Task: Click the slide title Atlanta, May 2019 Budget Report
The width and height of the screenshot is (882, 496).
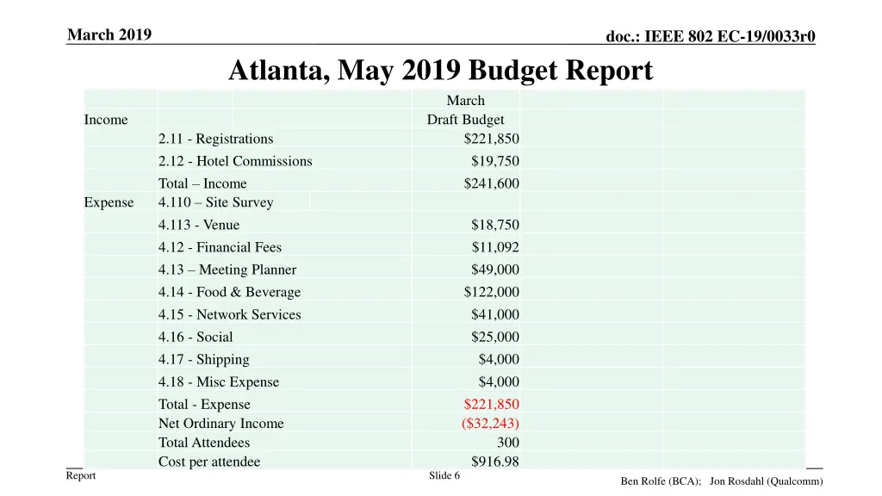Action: [440, 71]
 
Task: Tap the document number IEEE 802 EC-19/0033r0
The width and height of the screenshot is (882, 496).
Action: [711, 36]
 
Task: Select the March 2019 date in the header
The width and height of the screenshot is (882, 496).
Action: [109, 34]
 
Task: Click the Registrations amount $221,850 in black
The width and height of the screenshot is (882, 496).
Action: [491, 139]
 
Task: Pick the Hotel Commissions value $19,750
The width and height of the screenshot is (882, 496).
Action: [494, 161]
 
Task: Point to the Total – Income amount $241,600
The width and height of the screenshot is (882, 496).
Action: [491, 183]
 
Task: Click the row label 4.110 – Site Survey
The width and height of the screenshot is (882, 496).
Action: [215, 202]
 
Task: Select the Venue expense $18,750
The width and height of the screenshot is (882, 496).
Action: [494, 225]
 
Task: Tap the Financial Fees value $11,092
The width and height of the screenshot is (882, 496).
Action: [494, 247]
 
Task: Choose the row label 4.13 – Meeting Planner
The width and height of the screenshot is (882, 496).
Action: [227, 270]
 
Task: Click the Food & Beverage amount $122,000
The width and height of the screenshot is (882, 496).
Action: [491, 292]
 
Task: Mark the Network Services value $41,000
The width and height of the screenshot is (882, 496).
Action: [494, 314]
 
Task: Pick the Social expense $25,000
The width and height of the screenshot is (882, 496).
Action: [494, 337]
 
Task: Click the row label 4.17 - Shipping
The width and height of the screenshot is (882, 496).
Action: [204, 359]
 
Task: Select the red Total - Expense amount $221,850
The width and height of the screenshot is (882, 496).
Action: [491, 404]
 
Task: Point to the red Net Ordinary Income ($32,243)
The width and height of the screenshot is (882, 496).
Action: [490, 423]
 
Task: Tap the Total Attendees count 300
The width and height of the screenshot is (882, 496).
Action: [508, 443]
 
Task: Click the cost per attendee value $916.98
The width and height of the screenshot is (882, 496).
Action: [494, 462]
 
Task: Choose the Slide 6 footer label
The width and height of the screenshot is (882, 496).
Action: [444, 475]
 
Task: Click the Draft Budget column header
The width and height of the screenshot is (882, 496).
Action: [465, 120]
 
